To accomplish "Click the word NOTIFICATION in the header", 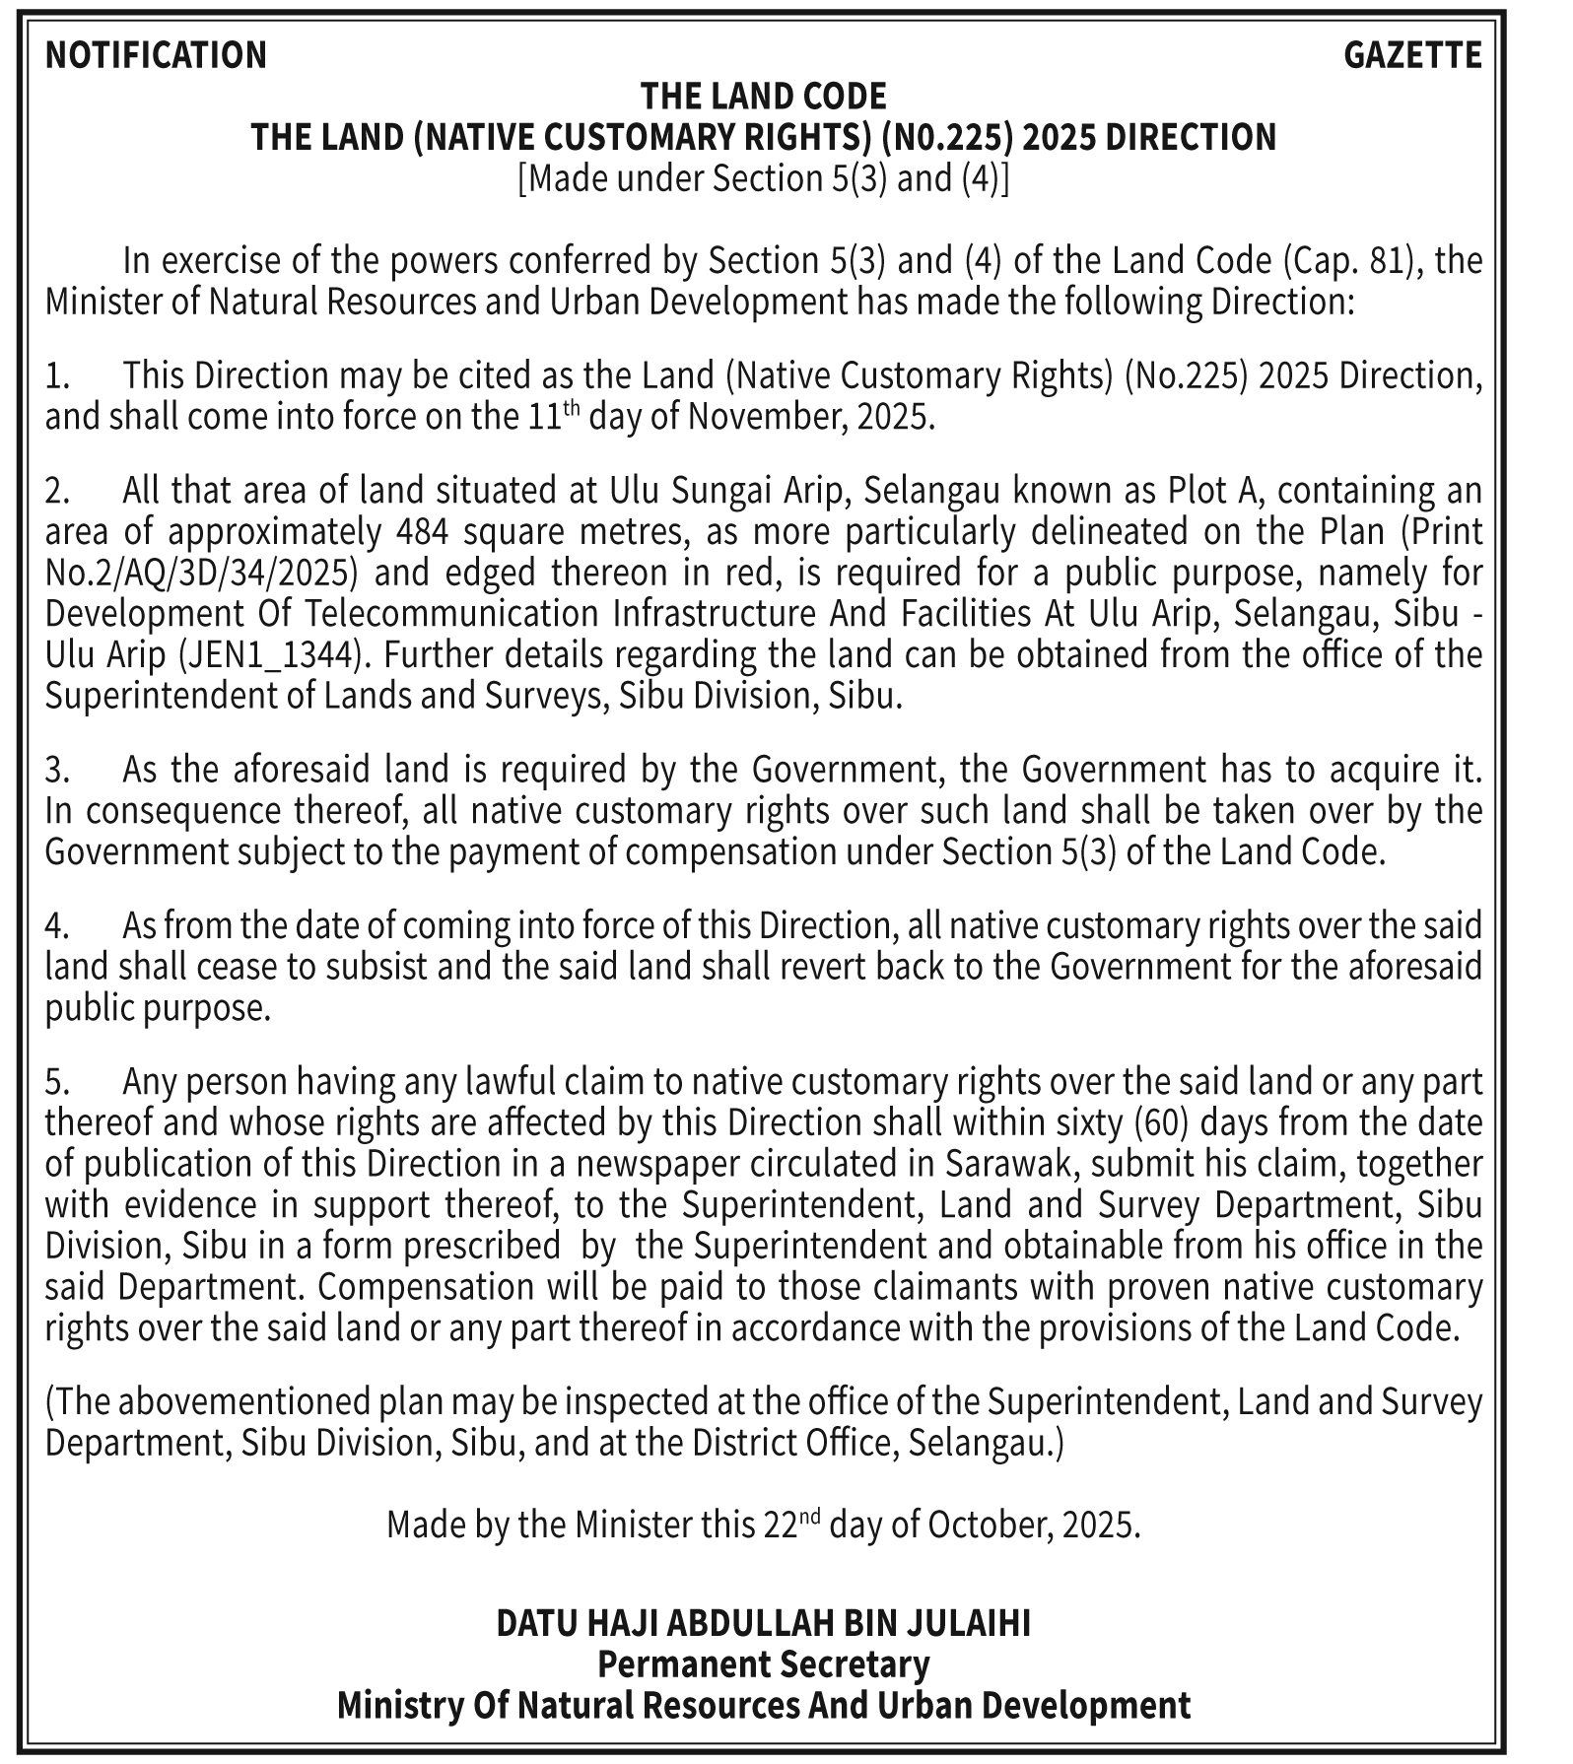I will pyautogui.click(x=156, y=55).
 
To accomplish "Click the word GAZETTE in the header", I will pyautogui.click(x=1412, y=55).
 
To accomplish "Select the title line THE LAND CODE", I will pyautogui.click(x=763, y=97).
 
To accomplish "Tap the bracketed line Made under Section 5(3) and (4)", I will pyautogui.click(x=763, y=179).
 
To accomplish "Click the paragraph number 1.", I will pyautogui.click(x=57, y=375).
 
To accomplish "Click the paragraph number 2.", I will pyautogui.click(x=57, y=490).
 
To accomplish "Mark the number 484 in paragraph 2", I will pyautogui.click(x=421, y=531).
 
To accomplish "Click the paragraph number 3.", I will pyautogui.click(x=57, y=769).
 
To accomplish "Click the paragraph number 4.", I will pyautogui.click(x=57, y=926).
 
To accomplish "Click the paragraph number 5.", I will pyautogui.click(x=57, y=1082).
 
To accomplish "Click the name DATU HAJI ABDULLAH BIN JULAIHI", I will pyautogui.click(x=763, y=1623).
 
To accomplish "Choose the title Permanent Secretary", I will pyautogui.click(x=763, y=1664).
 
